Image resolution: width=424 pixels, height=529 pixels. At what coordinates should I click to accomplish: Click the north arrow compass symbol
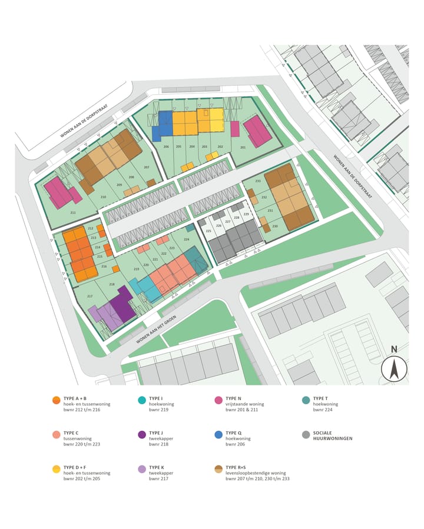click(394, 369)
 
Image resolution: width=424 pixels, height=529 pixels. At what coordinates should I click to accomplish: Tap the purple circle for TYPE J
click(141, 435)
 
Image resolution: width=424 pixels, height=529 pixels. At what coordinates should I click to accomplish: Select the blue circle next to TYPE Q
click(218, 435)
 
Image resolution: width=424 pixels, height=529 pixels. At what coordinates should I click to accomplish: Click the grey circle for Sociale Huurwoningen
click(306, 435)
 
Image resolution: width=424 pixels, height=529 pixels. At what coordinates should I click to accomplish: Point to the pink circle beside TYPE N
click(218, 400)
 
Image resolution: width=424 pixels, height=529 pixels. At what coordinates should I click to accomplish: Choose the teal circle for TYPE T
click(306, 400)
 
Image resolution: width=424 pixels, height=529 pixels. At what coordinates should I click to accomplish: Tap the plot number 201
click(243, 147)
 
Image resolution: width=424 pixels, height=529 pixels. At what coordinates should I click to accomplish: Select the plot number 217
click(90, 296)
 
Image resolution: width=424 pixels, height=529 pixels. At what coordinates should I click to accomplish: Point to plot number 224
click(187, 239)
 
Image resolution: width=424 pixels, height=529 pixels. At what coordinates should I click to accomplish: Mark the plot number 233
click(258, 181)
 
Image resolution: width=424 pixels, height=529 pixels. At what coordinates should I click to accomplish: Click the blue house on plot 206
click(164, 124)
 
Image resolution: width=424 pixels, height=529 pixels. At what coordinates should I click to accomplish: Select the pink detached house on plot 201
click(257, 131)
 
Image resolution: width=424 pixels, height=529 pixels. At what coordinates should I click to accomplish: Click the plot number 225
click(208, 231)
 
